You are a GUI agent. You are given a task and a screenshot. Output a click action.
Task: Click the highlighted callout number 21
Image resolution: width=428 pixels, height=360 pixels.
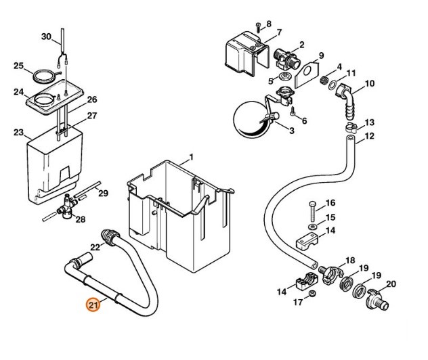click(x=93, y=305)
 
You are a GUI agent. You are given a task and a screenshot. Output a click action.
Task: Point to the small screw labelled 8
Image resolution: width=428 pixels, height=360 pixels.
click(x=259, y=26)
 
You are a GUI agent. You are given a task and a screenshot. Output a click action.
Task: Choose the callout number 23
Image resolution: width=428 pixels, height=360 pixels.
click(x=18, y=133)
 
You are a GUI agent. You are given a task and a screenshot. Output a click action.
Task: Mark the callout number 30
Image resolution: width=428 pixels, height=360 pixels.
click(x=46, y=36)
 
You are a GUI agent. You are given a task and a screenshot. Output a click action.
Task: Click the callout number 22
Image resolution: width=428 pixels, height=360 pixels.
click(x=95, y=247)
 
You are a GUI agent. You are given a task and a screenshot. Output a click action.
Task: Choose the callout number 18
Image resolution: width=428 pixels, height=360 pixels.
click(x=350, y=261)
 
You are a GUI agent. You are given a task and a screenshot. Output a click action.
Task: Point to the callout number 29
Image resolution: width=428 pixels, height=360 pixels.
click(x=104, y=194)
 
